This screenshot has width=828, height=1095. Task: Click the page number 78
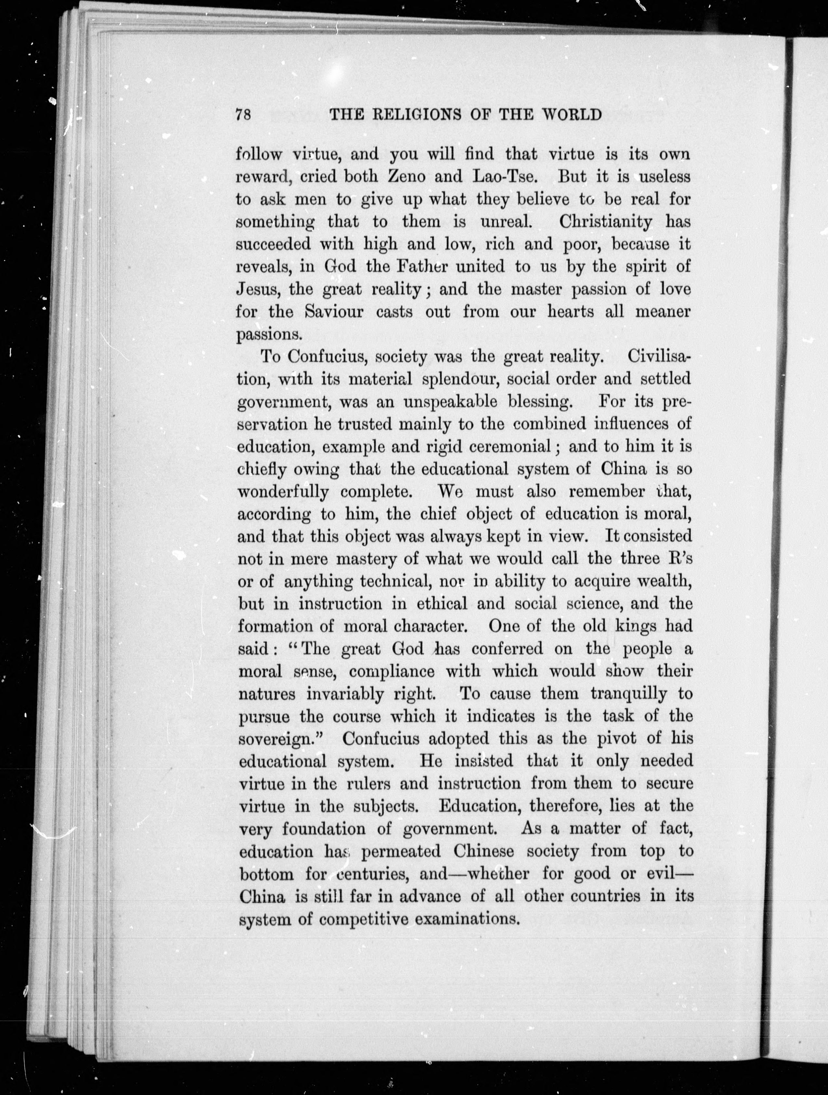[243, 115]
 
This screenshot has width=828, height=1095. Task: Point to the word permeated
[400, 852]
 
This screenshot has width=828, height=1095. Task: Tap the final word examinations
[466, 920]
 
